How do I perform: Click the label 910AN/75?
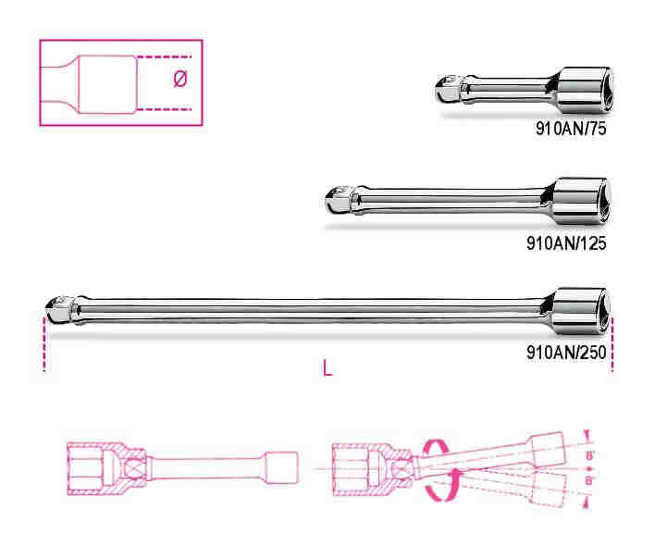click(571, 129)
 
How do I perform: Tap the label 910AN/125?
click(566, 242)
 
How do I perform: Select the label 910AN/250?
click(566, 353)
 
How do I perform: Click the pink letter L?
click(327, 368)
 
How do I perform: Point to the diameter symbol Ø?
click(180, 79)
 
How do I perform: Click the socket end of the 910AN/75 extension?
click(583, 90)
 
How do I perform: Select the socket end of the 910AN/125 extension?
click(581, 201)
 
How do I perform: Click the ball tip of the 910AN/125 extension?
click(338, 200)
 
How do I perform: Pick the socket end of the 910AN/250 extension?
click(581, 311)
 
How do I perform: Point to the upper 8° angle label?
click(589, 455)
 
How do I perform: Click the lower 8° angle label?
click(588, 480)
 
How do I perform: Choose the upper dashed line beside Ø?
click(164, 56)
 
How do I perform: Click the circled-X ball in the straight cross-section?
click(136, 468)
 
